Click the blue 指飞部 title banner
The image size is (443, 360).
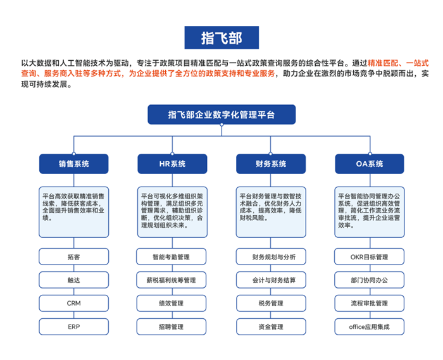click(x=221, y=37)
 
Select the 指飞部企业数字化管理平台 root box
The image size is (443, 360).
click(x=221, y=115)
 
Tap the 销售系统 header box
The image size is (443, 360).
click(x=74, y=164)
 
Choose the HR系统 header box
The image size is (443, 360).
click(x=172, y=164)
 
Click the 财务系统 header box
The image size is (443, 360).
click(x=271, y=164)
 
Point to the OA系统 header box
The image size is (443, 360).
click(x=370, y=164)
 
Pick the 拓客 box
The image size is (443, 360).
click(x=74, y=257)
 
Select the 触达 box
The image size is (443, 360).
click(x=74, y=280)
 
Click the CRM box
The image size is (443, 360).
click(x=74, y=303)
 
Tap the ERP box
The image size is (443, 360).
click(x=74, y=326)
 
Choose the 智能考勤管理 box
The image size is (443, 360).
click(x=172, y=257)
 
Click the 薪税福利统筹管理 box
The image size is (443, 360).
click(x=172, y=280)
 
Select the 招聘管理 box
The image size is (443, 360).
click(x=172, y=326)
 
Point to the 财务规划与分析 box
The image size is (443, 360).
click(x=271, y=257)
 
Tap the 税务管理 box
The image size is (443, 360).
click(x=271, y=303)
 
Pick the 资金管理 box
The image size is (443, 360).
click(x=271, y=326)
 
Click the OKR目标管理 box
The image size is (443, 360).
click(x=370, y=257)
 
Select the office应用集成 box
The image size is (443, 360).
click(x=370, y=326)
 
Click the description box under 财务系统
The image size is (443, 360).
click(x=271, y=212)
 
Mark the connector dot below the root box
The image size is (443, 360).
click(x=221, y=125)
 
